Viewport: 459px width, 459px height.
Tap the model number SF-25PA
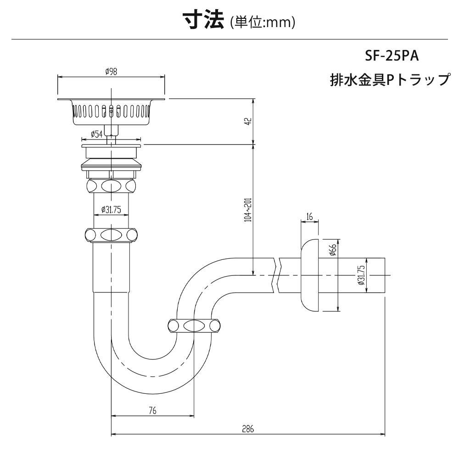[392, 57]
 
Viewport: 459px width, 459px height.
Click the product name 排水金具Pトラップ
[390, 80]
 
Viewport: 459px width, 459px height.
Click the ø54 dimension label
[96, 134]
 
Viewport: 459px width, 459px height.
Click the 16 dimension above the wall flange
[310, 216]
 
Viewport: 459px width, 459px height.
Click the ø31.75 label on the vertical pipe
[111, 210]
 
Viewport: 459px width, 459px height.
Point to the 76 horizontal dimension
[152, 411]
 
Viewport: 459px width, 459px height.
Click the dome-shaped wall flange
[309, 274]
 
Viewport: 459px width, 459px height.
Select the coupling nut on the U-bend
[193, 326]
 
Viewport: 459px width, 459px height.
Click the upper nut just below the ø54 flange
[111, 186]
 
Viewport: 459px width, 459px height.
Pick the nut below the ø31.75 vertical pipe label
[111, 235]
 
